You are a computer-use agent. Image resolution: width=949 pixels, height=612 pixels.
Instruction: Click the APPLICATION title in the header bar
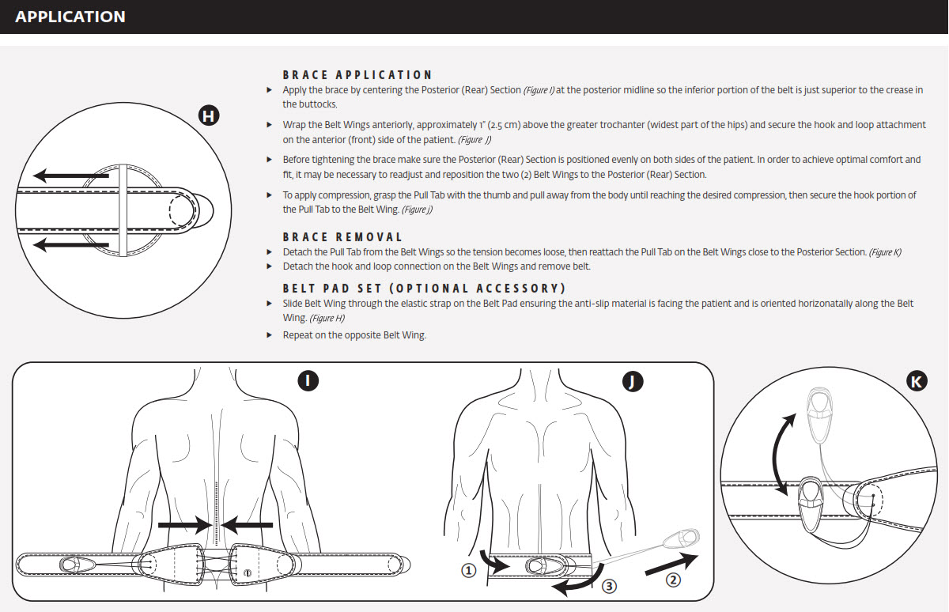70,17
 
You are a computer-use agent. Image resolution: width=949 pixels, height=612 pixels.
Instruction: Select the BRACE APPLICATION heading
357,75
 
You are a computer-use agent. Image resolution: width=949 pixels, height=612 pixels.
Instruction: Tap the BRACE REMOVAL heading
342,237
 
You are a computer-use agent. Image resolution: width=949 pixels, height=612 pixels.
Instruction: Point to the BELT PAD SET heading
424,289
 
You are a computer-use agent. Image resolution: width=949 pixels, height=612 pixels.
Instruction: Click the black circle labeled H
208,117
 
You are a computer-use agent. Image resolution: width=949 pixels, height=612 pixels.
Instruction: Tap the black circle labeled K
916,383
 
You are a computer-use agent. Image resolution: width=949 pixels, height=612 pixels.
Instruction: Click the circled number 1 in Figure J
469,571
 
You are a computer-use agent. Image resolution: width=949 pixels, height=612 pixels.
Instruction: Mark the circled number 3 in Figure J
609,586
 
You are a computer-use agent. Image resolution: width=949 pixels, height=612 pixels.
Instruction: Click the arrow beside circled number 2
672,565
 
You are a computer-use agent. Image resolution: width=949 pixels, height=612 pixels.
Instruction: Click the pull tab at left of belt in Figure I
74,565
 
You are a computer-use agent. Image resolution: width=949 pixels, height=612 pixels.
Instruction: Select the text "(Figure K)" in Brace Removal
885,252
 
